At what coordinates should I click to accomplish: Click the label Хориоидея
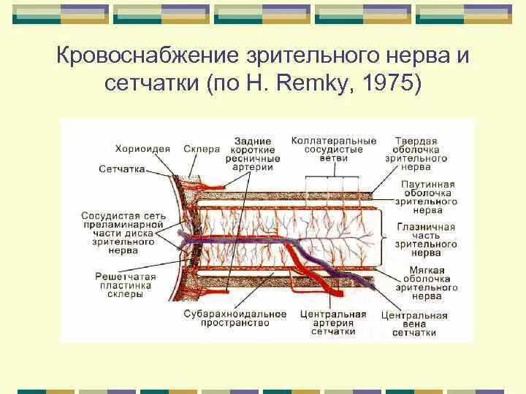coord(142,149)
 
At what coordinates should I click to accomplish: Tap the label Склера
coord(202,149)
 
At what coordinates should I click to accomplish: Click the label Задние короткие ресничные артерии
coord(254,153)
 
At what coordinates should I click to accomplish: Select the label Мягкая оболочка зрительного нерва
coord(427,283)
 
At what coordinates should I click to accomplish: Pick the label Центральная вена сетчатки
coord(414,324)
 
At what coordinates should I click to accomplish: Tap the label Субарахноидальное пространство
coord(235,318)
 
